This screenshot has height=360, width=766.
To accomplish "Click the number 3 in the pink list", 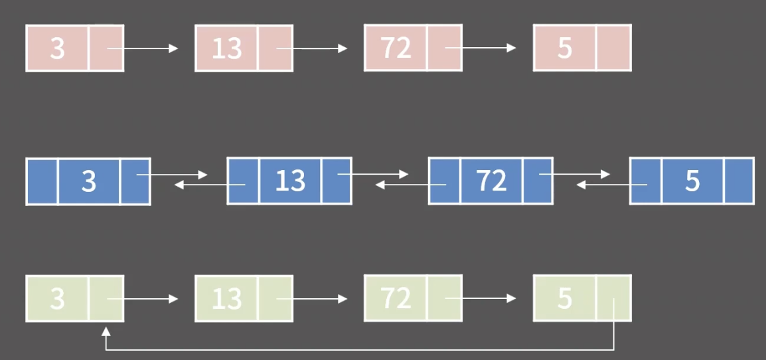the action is coord(57,48).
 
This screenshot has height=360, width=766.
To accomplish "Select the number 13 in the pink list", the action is coord(226,48).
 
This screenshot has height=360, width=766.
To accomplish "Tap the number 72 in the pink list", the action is coord(396,48).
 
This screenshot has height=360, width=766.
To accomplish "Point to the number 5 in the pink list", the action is coord(565,48).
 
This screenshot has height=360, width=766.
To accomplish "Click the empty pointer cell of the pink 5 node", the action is coord(613,48).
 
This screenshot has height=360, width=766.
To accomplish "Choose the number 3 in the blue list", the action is coord(89,181).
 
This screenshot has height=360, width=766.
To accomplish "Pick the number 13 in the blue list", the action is coord(290,181).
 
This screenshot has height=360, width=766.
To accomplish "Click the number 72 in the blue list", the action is coord(491,181).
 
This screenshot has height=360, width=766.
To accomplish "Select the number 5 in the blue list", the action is coord(692,181).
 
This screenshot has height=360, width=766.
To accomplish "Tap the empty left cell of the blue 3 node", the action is coord(42,181).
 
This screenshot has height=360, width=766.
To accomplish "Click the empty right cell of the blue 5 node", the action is coord(738,181).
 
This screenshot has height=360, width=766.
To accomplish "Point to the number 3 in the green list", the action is coord(57,299).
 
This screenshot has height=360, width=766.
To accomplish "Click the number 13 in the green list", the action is coord(226,299).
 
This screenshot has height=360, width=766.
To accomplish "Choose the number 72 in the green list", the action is coord(396,298).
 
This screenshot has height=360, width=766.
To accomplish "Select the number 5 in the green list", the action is coord(565,298).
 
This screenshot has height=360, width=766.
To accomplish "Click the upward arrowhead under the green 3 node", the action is coord(106,329).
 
